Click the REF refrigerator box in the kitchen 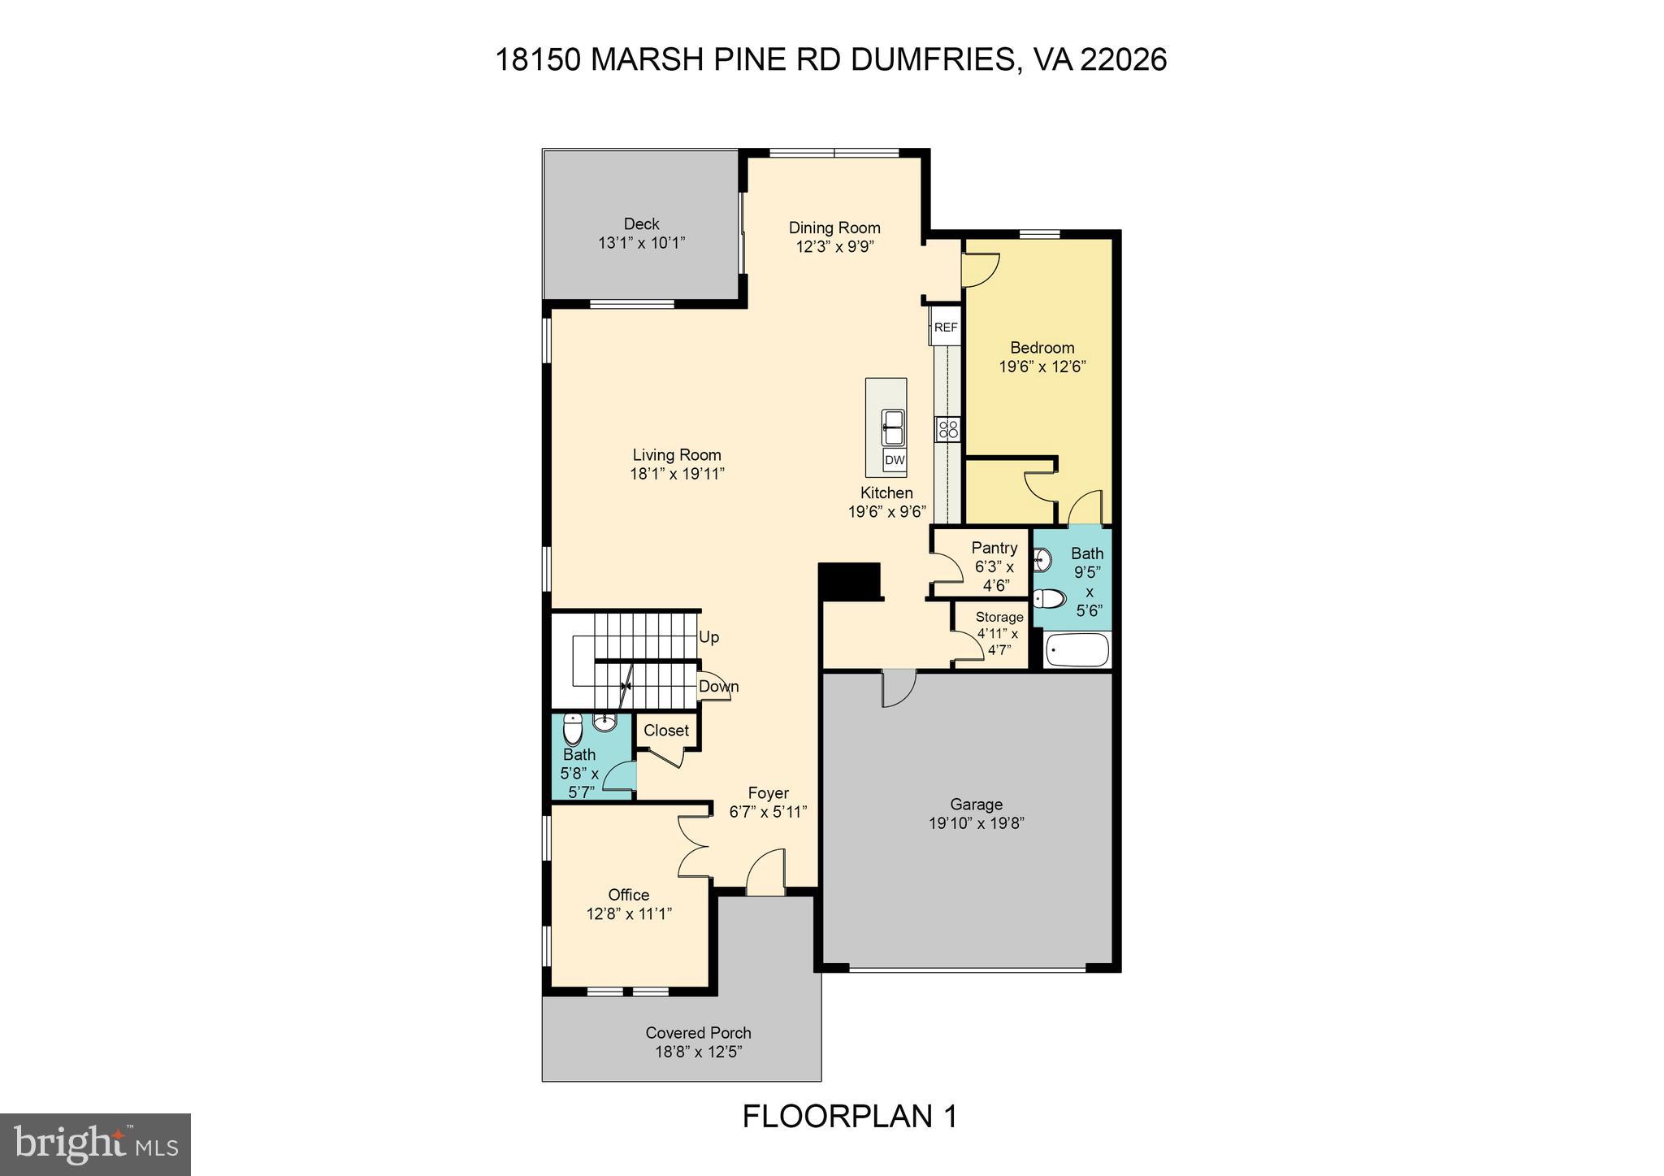click(x=946, y=328)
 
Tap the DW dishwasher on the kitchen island click(x=895, y=461)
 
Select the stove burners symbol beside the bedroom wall click(x=947, y=429)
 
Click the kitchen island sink click(x=894, y=428)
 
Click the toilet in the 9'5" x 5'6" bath click(x=1050, y=600)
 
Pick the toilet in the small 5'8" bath click(x=573, y=729)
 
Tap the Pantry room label click(x=994, y=548)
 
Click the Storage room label click(x=999, y=617)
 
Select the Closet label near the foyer click(x=666, y=731)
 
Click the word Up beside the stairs click(x=709, y=637)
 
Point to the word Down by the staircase click(x=719, y=687)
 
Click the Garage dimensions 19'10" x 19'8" click(x=976, y=823)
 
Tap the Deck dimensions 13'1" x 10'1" click(x=641, y=242)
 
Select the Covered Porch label click(x=698, y=1033)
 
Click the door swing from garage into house click(x=899, y=688)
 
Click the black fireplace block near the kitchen click(x=850, y=580)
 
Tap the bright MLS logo click(x=95, y=1144)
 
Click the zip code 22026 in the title click(x=1124, y=60)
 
